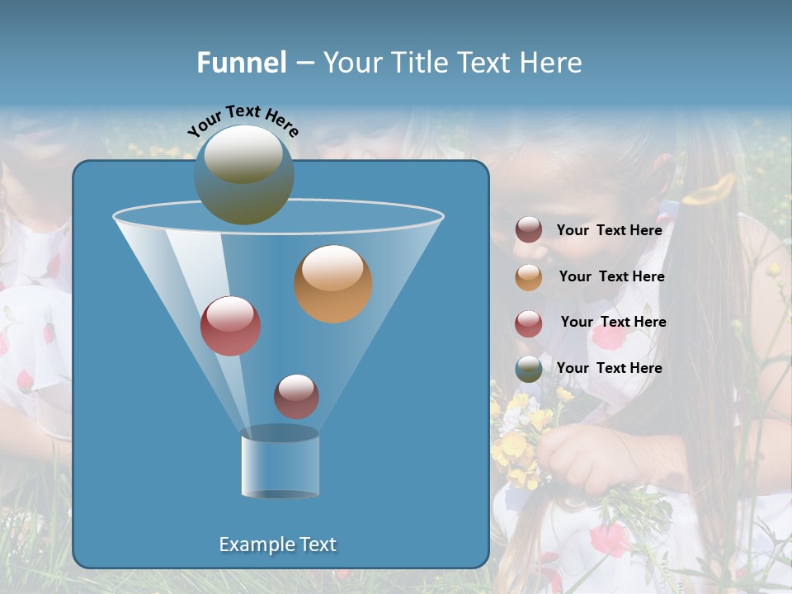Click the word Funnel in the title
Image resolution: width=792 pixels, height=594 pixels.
pos(241,62)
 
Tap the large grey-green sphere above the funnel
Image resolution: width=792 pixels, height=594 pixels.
pos(244,174)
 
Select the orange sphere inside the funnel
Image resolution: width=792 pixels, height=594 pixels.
pos(333,284)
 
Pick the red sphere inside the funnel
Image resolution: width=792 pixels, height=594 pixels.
pos(230,326)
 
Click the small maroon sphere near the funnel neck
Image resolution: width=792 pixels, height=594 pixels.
pos(296,396)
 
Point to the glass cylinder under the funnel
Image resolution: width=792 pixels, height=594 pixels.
pos(280,464)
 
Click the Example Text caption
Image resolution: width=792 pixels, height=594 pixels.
pos(278,544)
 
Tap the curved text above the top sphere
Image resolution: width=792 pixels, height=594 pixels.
pos(243,120)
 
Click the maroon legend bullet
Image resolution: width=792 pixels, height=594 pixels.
pos(529,230)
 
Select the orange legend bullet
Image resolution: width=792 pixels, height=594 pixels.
pos(529,277)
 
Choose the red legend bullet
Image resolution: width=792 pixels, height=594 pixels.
pos(529,323)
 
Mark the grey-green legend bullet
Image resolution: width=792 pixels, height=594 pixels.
pos(529,369)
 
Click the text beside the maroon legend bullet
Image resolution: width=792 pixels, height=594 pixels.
pos(609,230)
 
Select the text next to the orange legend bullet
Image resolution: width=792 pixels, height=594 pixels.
pos(611,276)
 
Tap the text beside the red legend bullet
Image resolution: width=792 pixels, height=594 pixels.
pos(613,322)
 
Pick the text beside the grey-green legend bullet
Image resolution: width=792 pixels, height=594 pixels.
pos(609,368)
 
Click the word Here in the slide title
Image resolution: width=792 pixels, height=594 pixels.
pos(551,62)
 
